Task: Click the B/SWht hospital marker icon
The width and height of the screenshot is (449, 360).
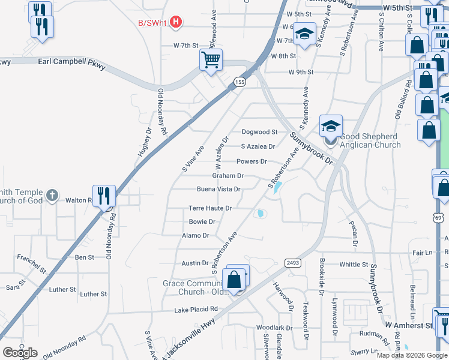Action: point(176,23)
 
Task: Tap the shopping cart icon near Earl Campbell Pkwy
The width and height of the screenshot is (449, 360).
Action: point(211,60)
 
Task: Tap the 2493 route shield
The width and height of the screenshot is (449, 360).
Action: point(293,261)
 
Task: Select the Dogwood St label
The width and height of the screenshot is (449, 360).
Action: point(259,132)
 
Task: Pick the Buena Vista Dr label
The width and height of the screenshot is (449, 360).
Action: point(218,189)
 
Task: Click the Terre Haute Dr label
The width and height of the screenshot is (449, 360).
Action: point(210,208)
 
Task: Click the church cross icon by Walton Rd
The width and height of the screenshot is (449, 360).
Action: point(53,195)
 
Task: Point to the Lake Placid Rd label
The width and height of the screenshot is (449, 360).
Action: point(195,309)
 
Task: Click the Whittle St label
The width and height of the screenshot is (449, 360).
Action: point(354,265)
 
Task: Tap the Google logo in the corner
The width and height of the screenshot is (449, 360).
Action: point(20,353)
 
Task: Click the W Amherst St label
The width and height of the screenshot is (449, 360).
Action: point(409,325)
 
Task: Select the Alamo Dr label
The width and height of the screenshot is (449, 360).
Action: point(195,236)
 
